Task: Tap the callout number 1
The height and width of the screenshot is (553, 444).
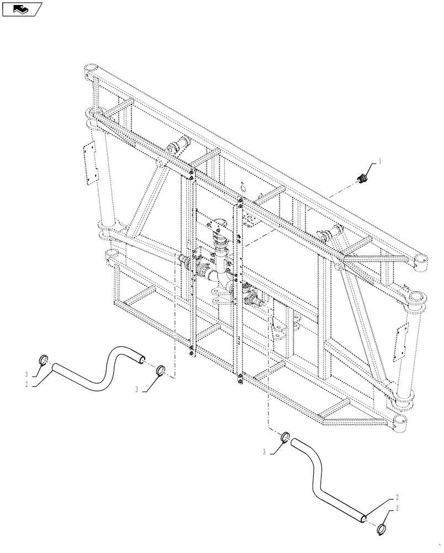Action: pos(380,162)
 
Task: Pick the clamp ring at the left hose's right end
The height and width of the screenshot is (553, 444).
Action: pos(160,369)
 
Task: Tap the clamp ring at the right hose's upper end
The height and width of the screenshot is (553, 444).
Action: pos(286,437)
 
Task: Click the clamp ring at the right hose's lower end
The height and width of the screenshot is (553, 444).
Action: pos(380,530)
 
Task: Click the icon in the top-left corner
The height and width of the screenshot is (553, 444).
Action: pos(22,9)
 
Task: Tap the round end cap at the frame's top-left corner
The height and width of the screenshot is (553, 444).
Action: pos(89,71)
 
